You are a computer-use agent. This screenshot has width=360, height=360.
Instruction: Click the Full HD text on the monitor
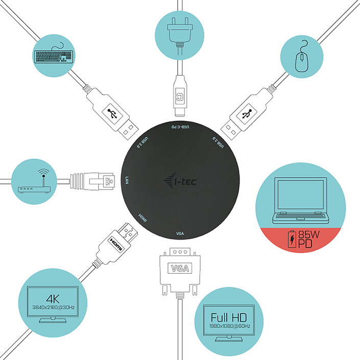click(x=225, y=317)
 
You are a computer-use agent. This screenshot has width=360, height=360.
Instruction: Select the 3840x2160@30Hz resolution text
click(x=53, y=307)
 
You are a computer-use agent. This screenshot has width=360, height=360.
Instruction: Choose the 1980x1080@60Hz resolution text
click(x=225, y=325)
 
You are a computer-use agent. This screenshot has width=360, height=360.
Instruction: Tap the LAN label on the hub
click(x=127, y=181)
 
